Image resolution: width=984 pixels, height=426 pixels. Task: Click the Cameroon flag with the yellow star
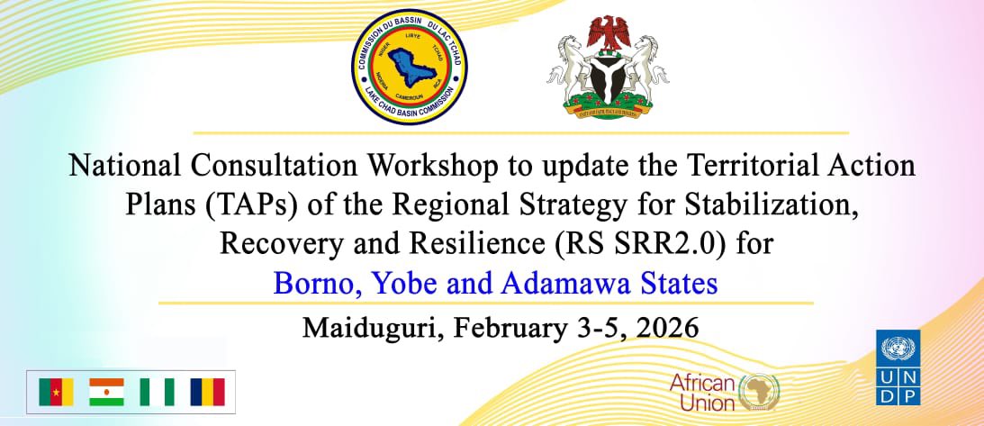56,392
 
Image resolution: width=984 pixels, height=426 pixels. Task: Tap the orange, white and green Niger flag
106,392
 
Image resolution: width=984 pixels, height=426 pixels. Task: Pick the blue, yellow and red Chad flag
207,392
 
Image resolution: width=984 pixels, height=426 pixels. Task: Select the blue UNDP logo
898,367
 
